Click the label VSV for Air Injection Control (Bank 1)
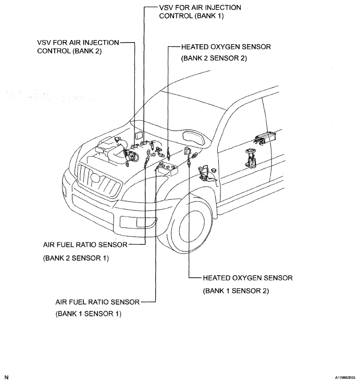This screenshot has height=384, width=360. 200,11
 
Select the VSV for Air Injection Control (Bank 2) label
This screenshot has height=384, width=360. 78,46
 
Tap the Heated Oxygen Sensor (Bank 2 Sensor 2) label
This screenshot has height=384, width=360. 226,53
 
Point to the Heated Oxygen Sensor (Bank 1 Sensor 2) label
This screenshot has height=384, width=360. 247,284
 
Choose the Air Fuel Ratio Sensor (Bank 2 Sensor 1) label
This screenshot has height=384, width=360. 85,251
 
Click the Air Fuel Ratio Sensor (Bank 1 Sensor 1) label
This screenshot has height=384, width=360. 97,308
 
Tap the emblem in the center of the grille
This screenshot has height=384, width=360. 95,178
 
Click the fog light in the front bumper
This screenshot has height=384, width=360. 138,222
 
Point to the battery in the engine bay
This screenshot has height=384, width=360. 169,169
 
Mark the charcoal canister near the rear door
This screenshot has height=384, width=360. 265,138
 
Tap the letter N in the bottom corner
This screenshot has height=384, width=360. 6,377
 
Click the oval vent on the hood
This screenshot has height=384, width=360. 194,137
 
